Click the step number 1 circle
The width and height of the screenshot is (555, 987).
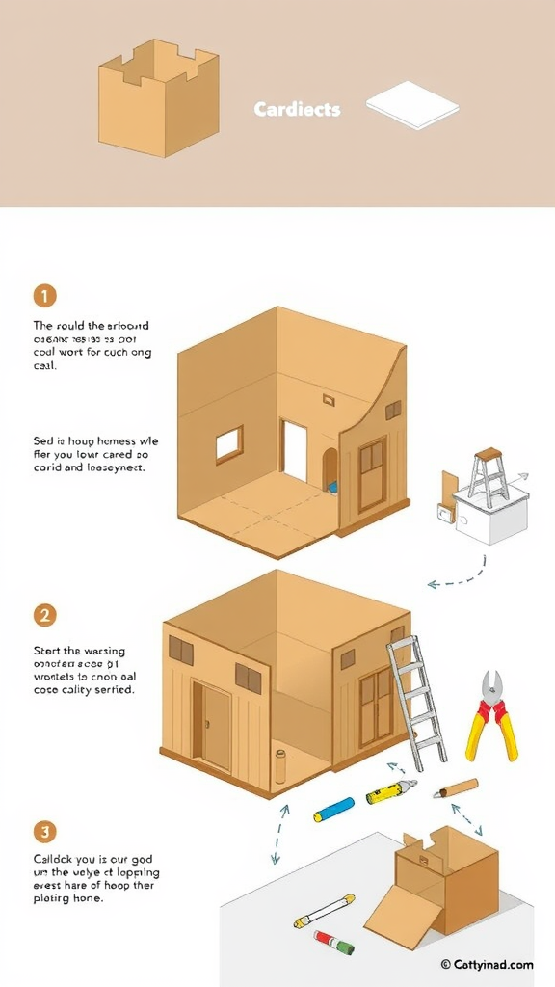[44, 296]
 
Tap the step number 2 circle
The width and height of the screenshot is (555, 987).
[44, 615]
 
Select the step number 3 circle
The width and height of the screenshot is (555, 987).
[44, 831]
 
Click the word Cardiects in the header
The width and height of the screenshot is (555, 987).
[297, 109]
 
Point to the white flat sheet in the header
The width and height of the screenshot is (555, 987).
[412, 105]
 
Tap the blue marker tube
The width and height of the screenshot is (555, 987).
[333, 810]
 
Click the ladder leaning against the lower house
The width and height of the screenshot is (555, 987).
[416, 700]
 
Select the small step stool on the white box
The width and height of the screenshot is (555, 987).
[489, 476]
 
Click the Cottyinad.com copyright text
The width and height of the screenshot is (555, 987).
[487, 964]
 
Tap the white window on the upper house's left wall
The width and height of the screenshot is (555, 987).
[229, 444]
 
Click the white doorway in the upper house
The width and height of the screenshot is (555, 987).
[294, 450]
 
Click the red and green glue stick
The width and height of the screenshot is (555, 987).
[334, 942]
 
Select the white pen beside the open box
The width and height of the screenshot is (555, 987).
[324, 911]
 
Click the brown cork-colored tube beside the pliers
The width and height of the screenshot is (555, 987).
[456, 787]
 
